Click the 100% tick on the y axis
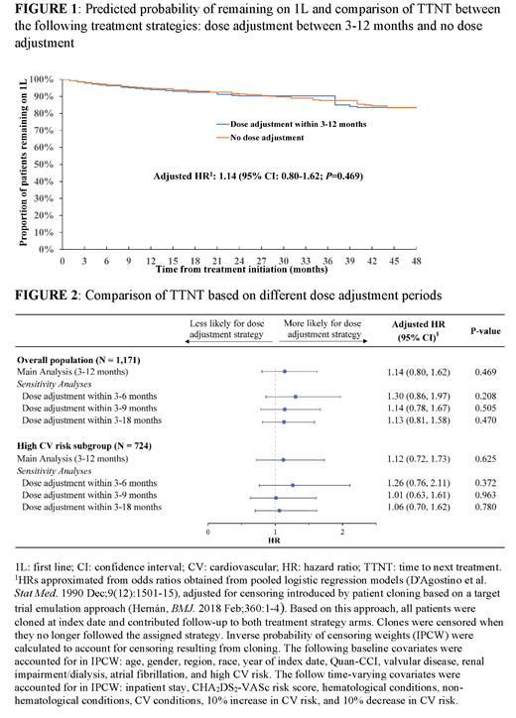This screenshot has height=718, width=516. coord(44,78)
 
